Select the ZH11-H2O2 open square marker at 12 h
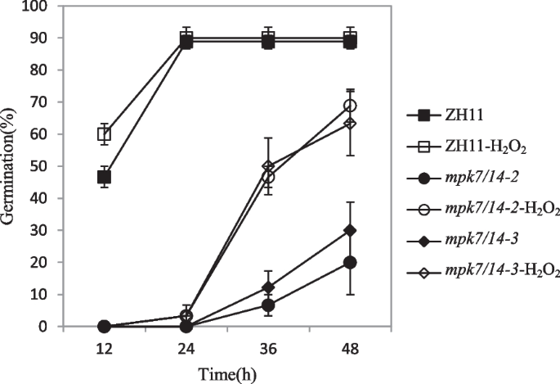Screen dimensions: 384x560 click(x=104, y=134)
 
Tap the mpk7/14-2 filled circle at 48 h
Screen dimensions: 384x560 click(x=350, y=262)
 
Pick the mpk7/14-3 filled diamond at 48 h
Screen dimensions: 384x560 click(x=350, y=230)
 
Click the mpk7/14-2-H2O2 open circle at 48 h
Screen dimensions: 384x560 click(x=350, y=106)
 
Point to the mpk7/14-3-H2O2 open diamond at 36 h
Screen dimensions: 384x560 click(x=267, y=166)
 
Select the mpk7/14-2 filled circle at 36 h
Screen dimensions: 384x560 click(x=267, y=305)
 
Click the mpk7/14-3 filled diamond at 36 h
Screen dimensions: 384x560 click(x=267, y=287)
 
